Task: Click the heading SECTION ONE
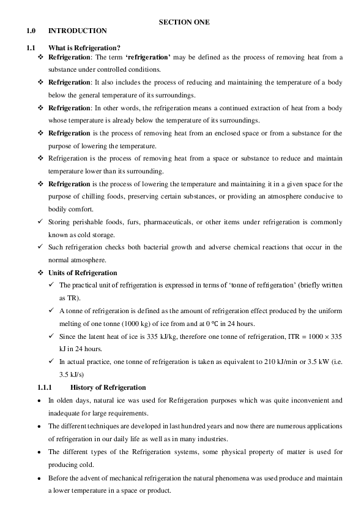point(184,21)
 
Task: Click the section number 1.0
point(32,31)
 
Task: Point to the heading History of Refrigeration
point(108,387)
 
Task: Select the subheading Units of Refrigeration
point(83,273)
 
